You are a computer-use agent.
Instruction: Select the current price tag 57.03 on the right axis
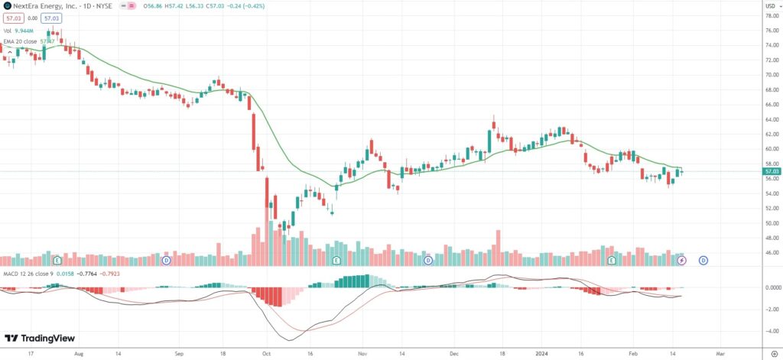771,172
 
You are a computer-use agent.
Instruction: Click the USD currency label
770,5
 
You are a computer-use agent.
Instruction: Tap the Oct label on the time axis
265,355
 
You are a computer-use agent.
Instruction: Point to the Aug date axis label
79,355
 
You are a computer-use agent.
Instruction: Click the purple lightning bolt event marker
683,261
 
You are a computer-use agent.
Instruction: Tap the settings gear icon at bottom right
775,354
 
